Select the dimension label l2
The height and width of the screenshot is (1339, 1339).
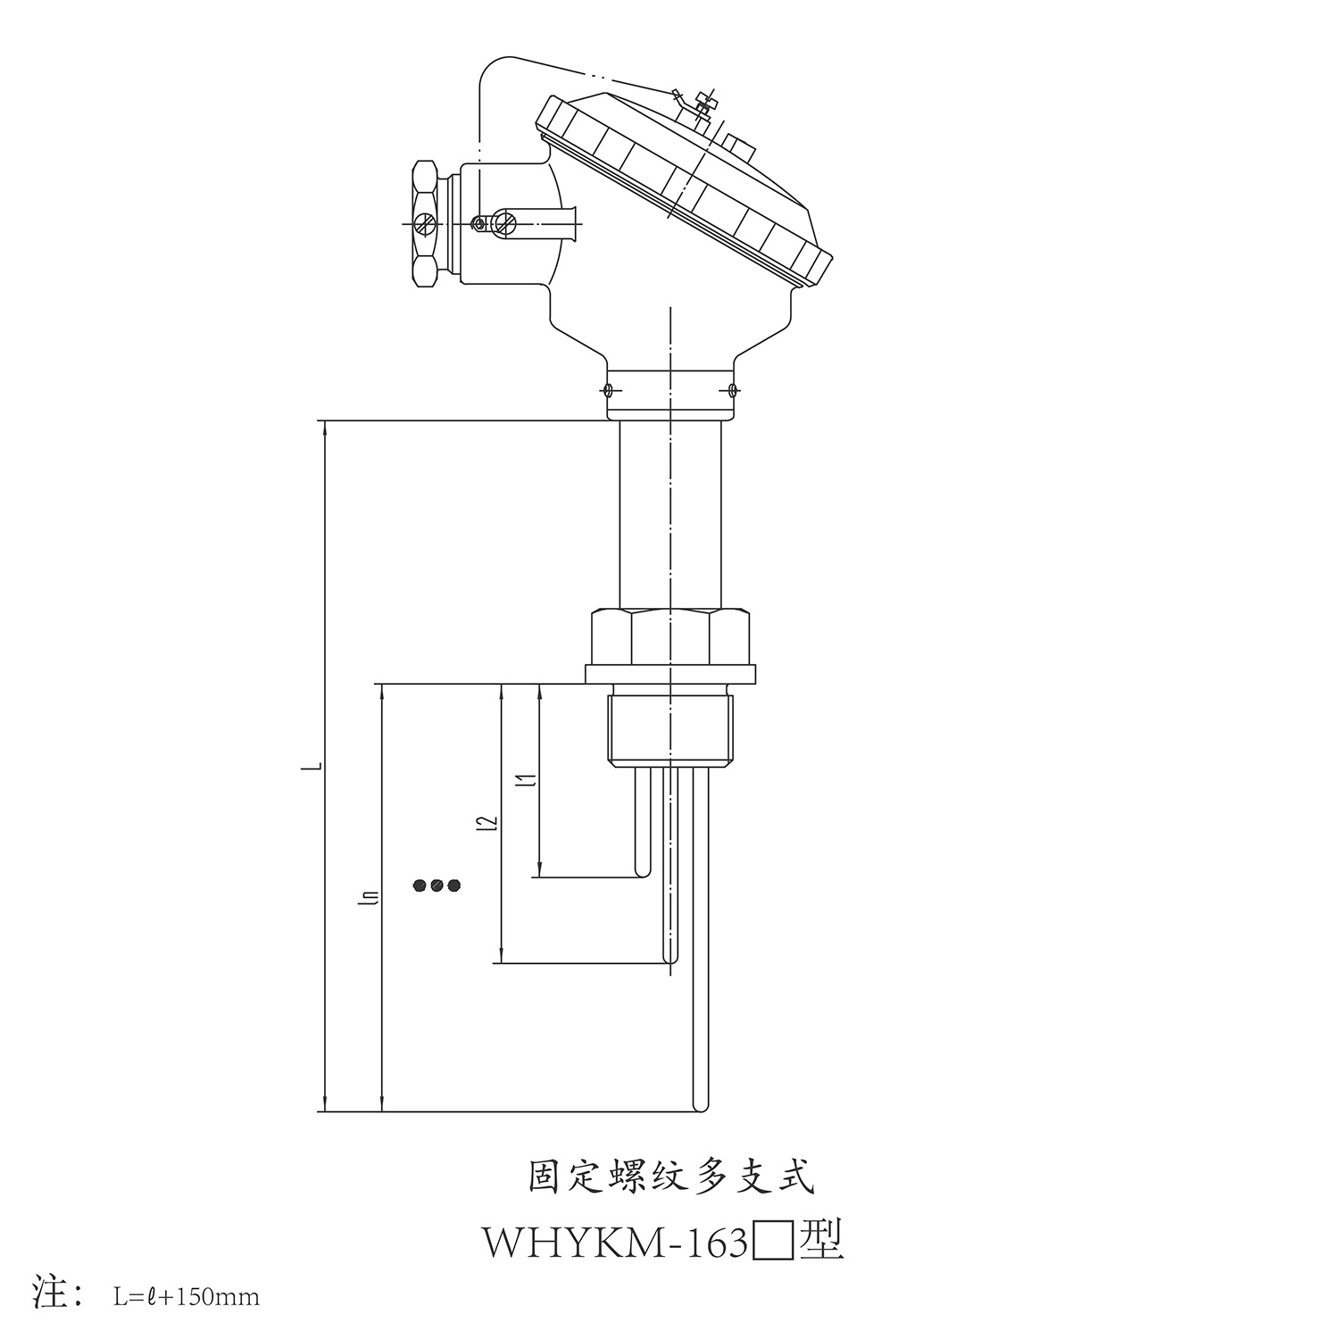click(x=487, y=822)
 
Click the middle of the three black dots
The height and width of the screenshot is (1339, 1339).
click(x=437, y=886)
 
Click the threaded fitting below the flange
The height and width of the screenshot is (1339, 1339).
click(x=670, y=730)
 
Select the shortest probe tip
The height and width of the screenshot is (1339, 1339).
click(x=642, y=874)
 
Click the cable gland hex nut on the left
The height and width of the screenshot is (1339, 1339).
click(x=426, y=223)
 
